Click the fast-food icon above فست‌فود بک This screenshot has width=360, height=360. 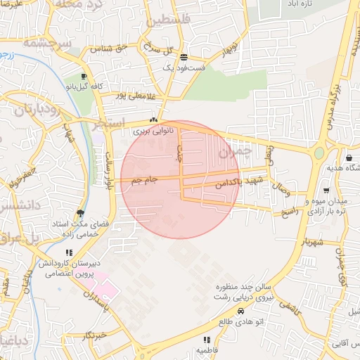coord(184,58)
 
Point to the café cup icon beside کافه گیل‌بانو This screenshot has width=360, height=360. coord(84,77)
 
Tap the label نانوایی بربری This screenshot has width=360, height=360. coord(152,131)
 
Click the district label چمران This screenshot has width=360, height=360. coord(233,150)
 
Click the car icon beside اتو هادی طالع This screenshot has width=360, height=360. coord(241,311)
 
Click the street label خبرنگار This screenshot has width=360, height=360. coord(94,335)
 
